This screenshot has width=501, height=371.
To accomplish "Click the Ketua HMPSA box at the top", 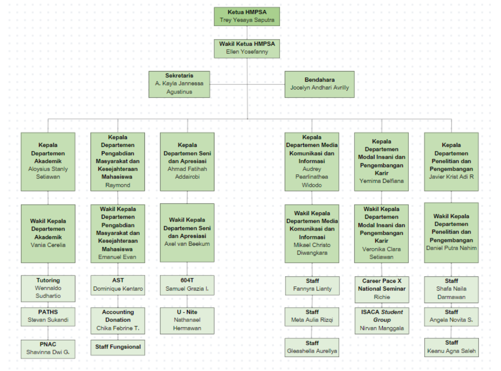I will click(x=247, y=16).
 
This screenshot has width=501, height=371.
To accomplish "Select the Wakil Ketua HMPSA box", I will click(x=247, y=48).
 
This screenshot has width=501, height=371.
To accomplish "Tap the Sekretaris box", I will click(x=179, y=84).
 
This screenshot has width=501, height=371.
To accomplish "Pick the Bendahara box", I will click(x=319, y=84).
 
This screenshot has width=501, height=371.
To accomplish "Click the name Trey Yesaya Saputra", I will click(x=247, y=20).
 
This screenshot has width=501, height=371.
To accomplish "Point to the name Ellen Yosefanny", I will click(x=247, y=52).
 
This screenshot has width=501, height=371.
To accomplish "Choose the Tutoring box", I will click(x=48, y=288).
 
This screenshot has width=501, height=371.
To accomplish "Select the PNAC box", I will click(x=48, y=349).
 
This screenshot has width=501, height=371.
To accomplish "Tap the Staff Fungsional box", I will click(x=118, y=347).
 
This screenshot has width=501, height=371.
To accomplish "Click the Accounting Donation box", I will click(x=118, y=320).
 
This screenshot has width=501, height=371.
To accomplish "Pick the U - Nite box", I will click(x=187, y=320).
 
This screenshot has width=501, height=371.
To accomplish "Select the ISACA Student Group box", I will click(x=382, y=321).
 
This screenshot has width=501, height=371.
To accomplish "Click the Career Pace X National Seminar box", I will click(x=382, y=289).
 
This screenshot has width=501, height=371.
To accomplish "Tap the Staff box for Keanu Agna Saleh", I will click(x=451, y=347).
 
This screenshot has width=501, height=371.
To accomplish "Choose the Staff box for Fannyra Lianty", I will click(x=312, y=285).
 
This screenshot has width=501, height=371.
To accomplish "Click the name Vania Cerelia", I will click(x=48, y=245).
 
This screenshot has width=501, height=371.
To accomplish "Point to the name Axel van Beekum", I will click(x=187, y=244).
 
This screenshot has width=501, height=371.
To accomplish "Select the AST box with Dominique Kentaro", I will click(x=118, y=285).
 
